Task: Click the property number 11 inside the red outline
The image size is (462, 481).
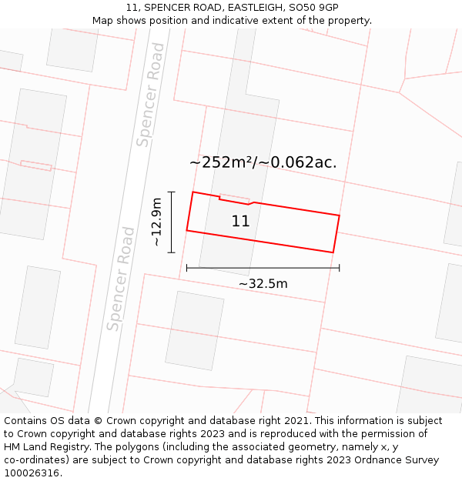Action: (240, 222)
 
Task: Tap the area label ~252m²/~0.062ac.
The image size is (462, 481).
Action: (263, 162)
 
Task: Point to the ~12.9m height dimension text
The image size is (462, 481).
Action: (156, 222)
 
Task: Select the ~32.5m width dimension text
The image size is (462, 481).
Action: (263, 284)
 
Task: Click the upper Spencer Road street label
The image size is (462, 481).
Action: (150, 95)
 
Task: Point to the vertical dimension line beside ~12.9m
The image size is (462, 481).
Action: (171, 222)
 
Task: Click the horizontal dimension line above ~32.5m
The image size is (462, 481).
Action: (263, 268)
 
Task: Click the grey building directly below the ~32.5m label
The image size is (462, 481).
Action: (194, 330)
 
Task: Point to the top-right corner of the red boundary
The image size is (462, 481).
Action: (339, 215)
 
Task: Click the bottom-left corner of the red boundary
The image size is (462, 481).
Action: (187, 230)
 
